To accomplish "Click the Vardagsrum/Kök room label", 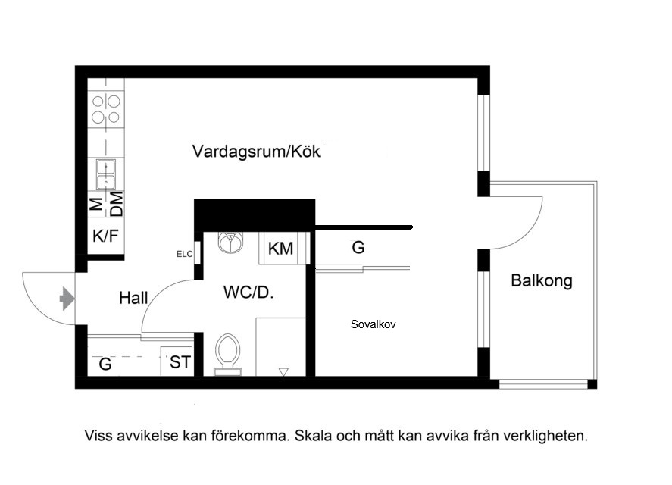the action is point(256,152).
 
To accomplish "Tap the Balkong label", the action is point(542,281).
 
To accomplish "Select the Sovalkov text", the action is point(374,324).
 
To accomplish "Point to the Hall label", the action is point(133,298).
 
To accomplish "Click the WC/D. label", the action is point(248,293).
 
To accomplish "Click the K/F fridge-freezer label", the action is point(105,236).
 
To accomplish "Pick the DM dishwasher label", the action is point(116,204).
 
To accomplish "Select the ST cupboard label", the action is point(180,362).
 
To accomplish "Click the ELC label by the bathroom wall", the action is point(185,255).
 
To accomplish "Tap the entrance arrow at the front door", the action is point(67,298).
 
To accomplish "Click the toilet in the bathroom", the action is point(227,354).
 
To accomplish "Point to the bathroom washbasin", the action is point(230,242).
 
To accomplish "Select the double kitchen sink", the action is point(106,174).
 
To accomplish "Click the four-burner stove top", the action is point(106,109).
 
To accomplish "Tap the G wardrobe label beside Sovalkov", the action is point(358,248).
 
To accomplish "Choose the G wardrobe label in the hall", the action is point(105,364).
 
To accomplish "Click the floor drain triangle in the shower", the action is point(283,372).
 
